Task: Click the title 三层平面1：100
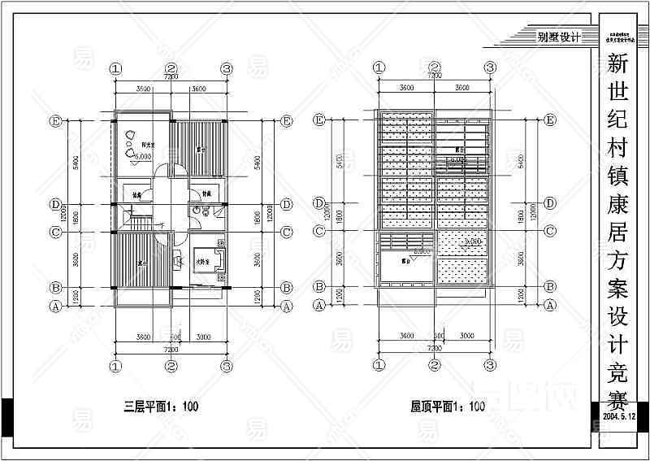(160, 406)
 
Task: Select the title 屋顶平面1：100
(448, 406)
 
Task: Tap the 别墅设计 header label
(557, 37)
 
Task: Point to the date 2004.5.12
(624, 415)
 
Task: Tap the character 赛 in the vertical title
(623, 399)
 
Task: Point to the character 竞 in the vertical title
(623, 366)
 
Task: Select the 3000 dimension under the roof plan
(466, 335)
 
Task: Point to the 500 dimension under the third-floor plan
(175, 335)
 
